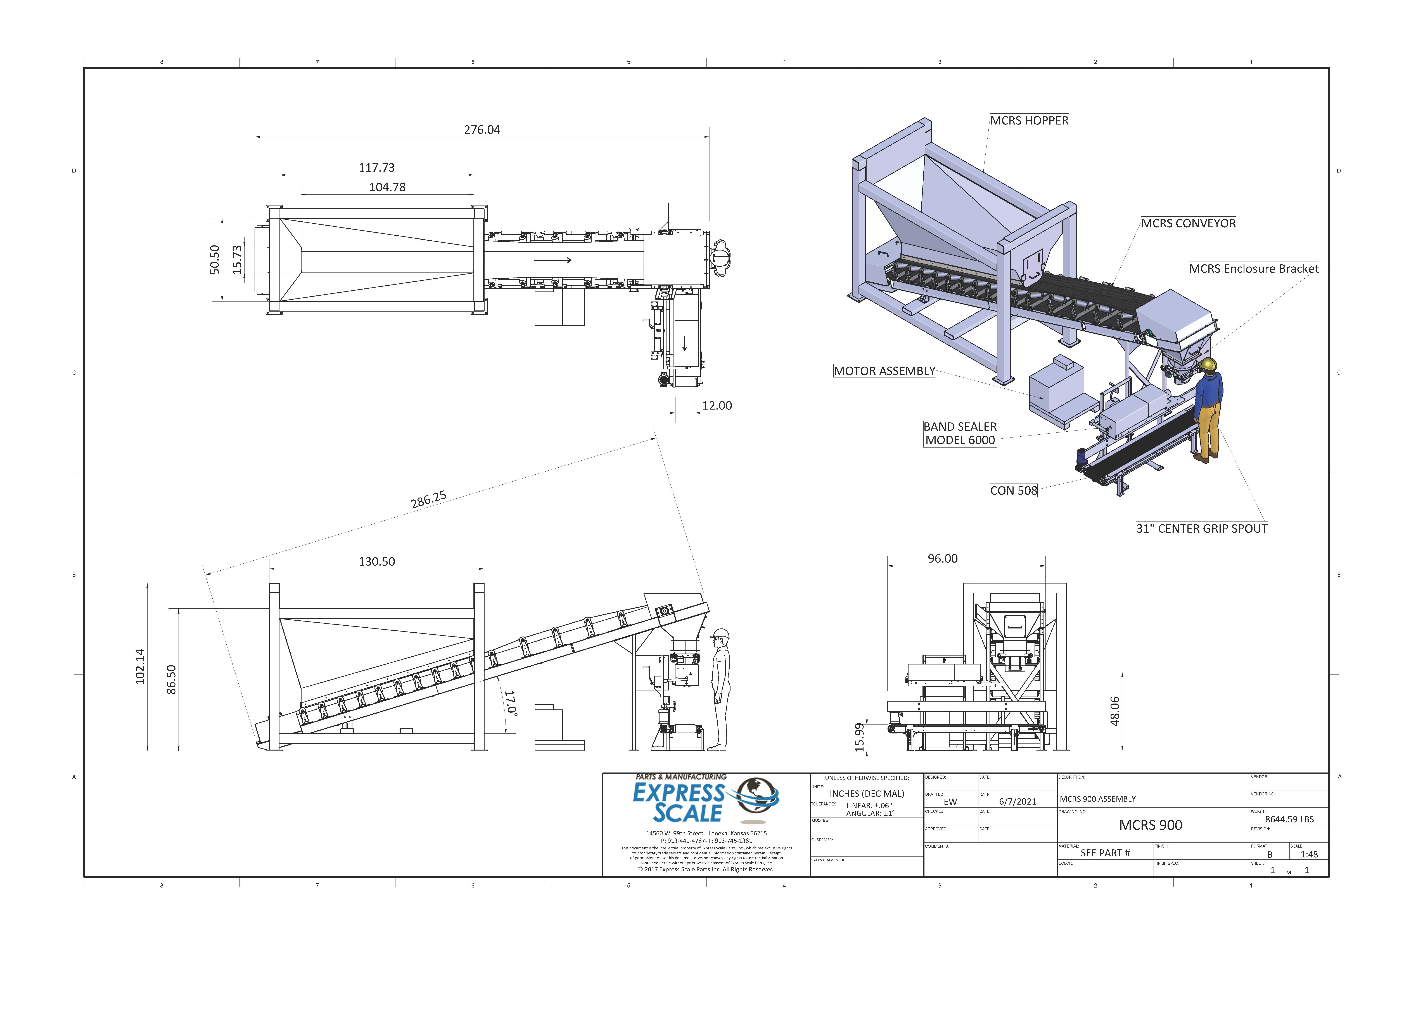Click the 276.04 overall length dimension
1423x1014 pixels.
tap(482, 130)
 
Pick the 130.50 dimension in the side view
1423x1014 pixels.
tap(377, 561)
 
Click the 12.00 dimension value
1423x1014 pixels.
tap(717, 405)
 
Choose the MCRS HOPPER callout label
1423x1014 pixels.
tap(1029, 121)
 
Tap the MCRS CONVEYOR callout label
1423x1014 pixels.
tap(1188, 224)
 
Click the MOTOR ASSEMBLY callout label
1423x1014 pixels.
tap(884, 371)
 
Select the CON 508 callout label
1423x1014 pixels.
tap(1013, 491)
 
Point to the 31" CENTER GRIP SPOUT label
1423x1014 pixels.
tap(1201, 529)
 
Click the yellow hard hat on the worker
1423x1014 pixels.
tap(1209, 364)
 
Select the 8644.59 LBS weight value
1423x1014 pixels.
tap(1289, 819)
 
